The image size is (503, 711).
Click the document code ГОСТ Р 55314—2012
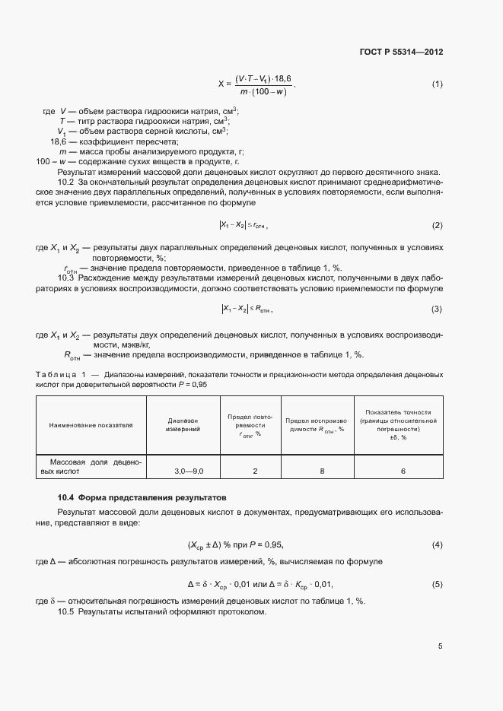tap(400, 52)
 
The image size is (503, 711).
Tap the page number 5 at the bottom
tap(440, 646)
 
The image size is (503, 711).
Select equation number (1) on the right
tap(437, 84)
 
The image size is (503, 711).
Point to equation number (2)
tap(437, 226)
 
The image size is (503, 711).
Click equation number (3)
tap(437, 309)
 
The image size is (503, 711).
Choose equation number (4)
tap(437, 545)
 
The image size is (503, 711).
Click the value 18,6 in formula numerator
tap(281, 78)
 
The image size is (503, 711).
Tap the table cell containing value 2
tap(255, 471)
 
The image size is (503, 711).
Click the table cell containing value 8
tap(322, 471)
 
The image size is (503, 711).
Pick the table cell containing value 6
tap(403, 471)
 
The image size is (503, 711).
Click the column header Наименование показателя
tap(91, 425)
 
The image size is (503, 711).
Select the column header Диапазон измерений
tap(183, 425)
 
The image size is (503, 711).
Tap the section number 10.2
tap(66, 183)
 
